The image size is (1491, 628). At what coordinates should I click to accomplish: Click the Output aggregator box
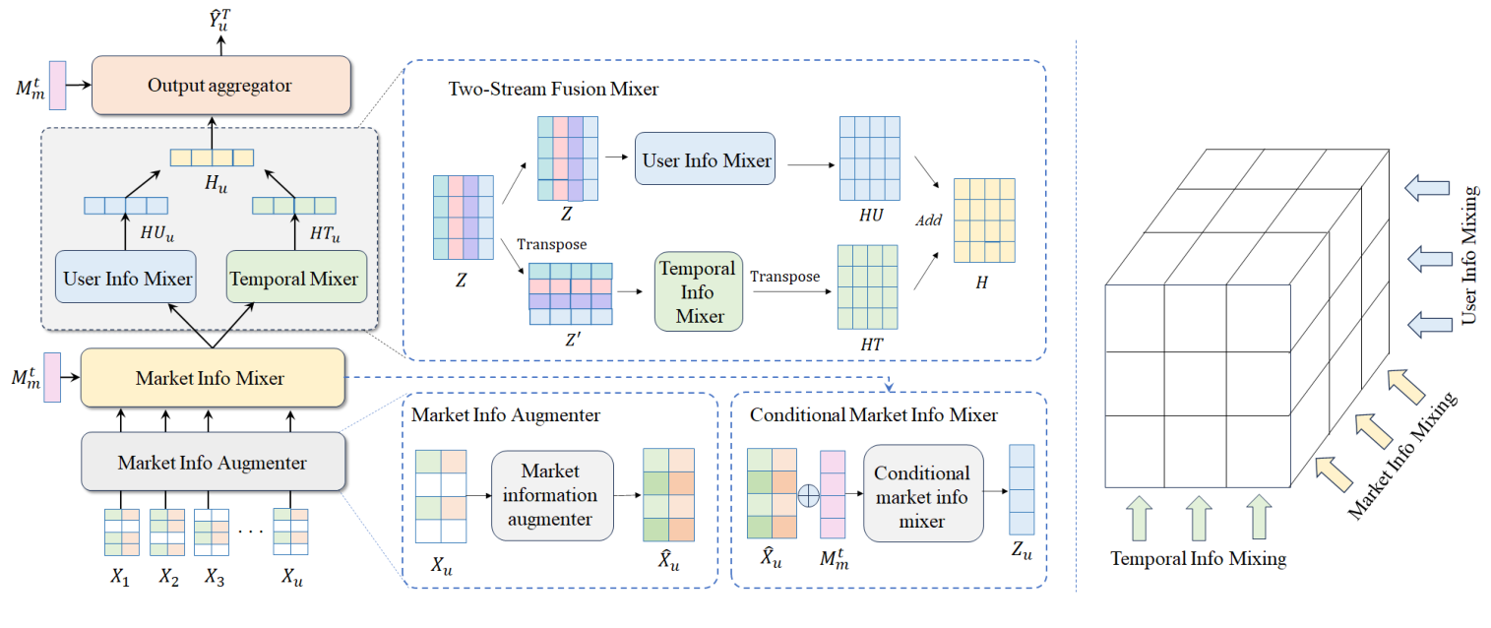click(220, 85)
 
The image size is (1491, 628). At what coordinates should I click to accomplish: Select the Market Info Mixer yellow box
click(212, 377)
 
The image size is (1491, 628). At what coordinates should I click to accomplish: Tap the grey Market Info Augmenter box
click(212, 462)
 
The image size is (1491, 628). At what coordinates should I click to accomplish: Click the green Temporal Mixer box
click(295, 279)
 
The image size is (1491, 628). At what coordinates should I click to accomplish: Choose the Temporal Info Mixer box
click(698, 291)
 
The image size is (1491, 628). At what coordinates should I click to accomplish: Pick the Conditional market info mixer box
click(922, 497)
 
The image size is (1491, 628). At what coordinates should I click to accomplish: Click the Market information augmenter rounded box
click(551, 495)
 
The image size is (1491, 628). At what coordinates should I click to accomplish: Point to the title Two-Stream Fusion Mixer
click(553, 90)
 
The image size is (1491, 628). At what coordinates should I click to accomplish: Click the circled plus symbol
click(807, 495)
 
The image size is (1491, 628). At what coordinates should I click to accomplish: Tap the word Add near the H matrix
click(928, 220)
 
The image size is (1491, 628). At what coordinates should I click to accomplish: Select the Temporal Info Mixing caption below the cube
click(1198, 559)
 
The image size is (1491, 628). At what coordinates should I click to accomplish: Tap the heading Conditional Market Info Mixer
click(873, 415)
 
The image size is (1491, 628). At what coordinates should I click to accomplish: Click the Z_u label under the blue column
click(1021, 553)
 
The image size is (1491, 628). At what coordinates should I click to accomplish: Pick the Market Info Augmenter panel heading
click(506, 415)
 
